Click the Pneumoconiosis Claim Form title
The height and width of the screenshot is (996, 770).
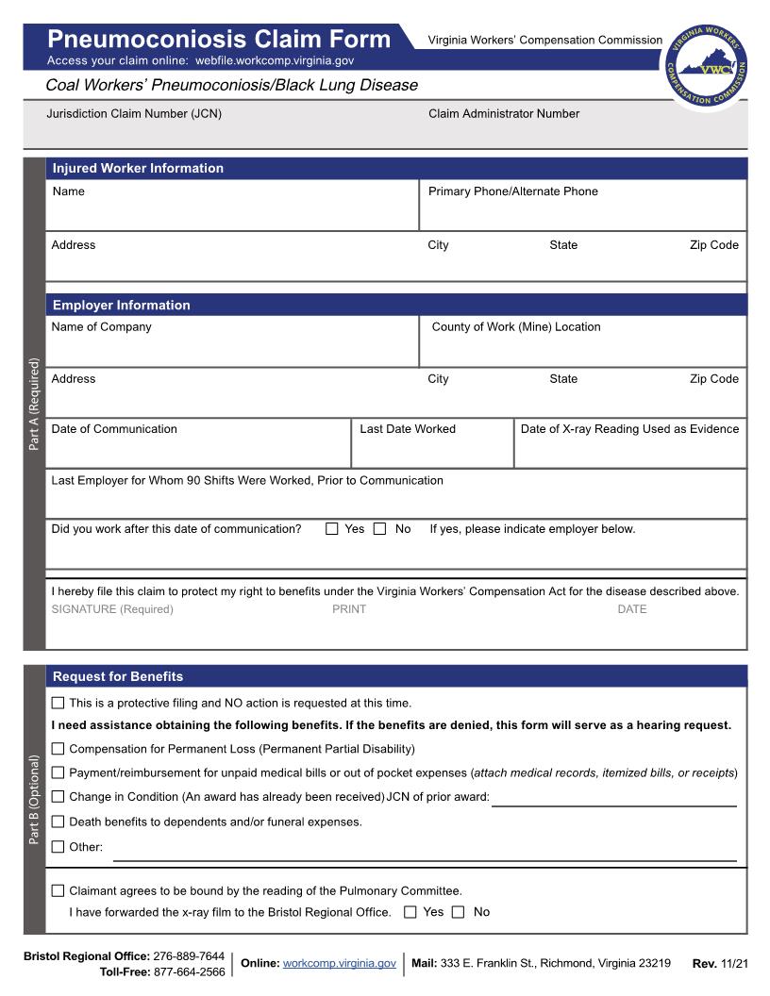tap(219, 40)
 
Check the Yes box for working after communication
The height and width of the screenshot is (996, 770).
tap(332, 529)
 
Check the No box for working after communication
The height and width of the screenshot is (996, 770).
tap(380, 529)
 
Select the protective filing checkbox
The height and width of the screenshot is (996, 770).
tap(59, 703)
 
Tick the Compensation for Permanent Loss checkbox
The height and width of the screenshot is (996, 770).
tap(59, 749)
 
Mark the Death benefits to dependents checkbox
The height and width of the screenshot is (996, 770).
tap(59, 822)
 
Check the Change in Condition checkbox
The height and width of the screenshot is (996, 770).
tap(59, 797)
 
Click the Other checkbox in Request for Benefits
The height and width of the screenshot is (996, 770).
tap(59, 847)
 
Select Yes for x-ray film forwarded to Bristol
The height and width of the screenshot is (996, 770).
tap(410, 912)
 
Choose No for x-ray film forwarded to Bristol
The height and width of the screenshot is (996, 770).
tap(459, 912)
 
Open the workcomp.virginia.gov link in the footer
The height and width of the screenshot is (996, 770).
tap(339, 963)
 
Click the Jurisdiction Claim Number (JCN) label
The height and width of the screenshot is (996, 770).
tap(134, 114)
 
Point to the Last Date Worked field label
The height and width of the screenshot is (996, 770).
tap(408, 429)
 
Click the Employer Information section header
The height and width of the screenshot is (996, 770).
tap(121, 306)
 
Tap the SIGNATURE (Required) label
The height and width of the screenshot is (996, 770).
tap(112, 609)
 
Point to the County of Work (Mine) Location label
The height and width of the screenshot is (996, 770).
tap(516, 327)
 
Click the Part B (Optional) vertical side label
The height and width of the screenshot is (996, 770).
tap(35, 799)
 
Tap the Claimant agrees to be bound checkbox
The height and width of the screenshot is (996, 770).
tap(59, 890)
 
